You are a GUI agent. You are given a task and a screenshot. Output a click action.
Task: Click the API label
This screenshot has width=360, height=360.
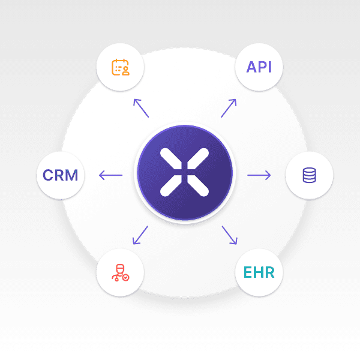tap(259, 67)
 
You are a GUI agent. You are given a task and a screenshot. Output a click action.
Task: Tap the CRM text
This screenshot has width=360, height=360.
tap(61, 175)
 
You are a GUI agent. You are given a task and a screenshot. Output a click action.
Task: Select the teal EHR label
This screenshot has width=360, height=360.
tap(259, 272)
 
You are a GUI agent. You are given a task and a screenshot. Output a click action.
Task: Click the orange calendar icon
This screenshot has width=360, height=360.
tap(121, 67)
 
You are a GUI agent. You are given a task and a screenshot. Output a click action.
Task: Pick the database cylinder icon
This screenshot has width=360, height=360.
tap(309, 175)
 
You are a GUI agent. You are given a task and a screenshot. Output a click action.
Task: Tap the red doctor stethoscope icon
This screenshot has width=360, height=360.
tap(121, 272)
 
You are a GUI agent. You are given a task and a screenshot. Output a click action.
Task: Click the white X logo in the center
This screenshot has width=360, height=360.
tap(184, 172)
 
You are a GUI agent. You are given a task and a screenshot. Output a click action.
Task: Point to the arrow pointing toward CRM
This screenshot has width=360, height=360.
tap(110, 175)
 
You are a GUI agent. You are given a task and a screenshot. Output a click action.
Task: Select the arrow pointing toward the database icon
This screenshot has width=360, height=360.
tap(259, 175)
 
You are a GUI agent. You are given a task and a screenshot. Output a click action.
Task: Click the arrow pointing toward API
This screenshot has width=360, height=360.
tap(229, 108)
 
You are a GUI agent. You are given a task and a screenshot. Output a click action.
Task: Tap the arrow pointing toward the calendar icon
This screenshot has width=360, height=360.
tap(141, 108)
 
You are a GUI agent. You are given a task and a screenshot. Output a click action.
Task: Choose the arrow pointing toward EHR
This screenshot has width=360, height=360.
tap(230, 235)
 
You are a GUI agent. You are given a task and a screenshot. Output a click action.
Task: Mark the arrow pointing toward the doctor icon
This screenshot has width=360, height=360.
tap(140, 235)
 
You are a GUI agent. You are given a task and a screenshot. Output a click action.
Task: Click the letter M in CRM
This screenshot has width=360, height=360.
tap(72, 175)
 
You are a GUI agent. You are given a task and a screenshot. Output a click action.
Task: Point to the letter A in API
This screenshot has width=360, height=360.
tap(251, 67)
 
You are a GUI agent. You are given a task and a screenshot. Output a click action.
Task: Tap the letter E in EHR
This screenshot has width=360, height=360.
tap(247, 272)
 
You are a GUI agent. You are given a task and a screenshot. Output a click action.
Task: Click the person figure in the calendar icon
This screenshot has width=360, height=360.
tap(125, 71)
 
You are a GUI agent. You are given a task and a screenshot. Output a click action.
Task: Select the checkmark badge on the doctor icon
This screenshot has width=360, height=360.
tap(125, 277)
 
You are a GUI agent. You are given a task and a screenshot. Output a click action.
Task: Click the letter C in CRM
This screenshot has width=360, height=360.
tap(48, 175)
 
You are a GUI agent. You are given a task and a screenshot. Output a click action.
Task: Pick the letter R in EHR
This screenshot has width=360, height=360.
tap(269, 272)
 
